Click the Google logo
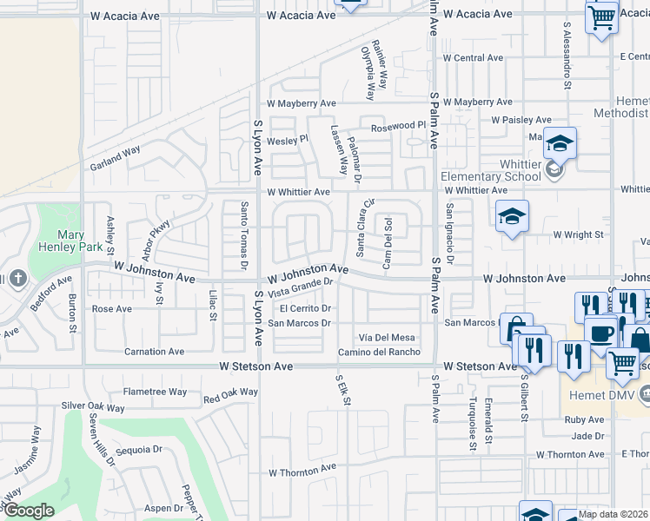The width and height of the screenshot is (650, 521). click(28, 511)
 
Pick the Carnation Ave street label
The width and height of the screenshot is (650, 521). click(155, 352)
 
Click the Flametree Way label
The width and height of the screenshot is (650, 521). click(155, 392)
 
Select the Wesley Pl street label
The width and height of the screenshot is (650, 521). click(287, 139)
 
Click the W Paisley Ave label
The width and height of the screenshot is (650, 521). click(521, 120)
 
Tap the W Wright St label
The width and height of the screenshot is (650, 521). click(578, 234)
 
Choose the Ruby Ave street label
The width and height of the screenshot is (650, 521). click(583, 419)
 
